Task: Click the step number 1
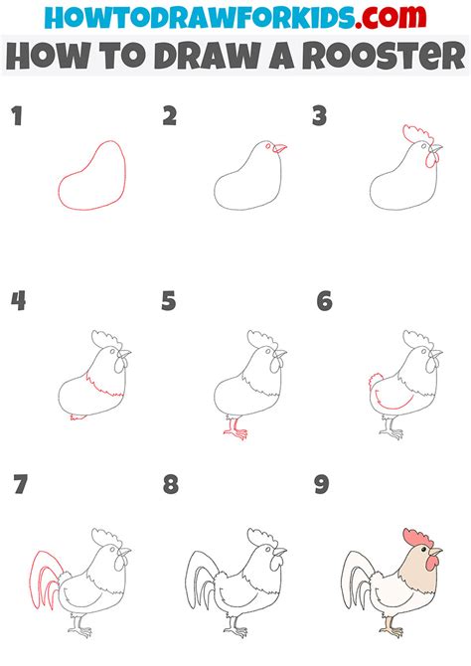click(16, 118)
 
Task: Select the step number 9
click(322, 486)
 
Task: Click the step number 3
click(320, 118)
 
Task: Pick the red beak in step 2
click(281, 149)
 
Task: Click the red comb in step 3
click(415, 135)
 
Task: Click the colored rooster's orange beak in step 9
click(436, 551)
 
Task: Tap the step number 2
click(169, 118)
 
